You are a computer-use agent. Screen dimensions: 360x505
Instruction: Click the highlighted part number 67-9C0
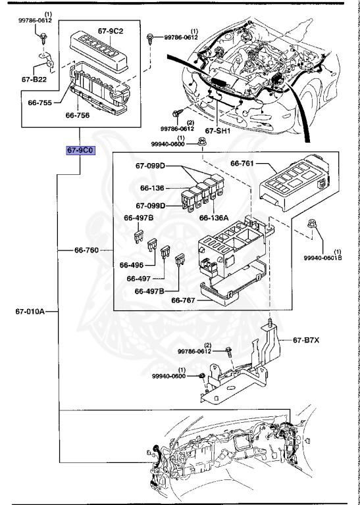(x=81, y=151)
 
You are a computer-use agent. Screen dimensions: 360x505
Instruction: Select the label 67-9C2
(x=111, y=31)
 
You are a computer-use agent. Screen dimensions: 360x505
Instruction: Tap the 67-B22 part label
(x=34, y=79)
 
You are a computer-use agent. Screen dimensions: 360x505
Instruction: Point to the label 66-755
(x=40, y=103)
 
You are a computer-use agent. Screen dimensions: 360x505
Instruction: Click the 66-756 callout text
(x=78, y=115)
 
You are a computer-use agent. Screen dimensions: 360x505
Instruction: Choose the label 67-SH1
(x=218, y=131)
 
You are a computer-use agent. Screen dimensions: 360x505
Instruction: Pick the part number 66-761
(x=242, y=164)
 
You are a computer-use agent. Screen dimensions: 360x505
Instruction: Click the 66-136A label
(x=214, y=218)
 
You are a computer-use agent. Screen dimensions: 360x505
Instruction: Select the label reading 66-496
(x=132, y=265)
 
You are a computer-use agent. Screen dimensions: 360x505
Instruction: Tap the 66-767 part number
(x=183, y=300)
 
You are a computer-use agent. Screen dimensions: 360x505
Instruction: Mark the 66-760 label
(x=86, y=250)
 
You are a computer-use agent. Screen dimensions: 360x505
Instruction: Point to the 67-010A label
(x=30, y=312)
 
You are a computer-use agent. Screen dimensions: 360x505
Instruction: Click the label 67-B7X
(x=306, y=340)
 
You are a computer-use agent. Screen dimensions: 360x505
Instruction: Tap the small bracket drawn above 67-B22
(x=47, y=60)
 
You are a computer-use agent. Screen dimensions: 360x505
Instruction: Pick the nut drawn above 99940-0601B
(x=311, y=223)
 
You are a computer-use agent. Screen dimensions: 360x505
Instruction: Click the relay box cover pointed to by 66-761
(x=294, y=183)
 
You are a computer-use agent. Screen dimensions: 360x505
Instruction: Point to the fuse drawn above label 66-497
(x=165, y=251)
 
